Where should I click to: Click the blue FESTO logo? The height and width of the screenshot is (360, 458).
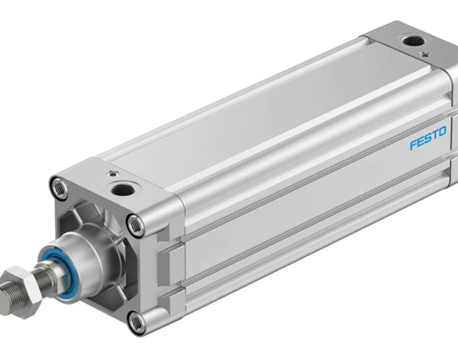tap(428, 138)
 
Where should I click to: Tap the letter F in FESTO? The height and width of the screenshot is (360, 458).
tap(413, 144)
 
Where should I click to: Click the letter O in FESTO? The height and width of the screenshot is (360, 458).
tap(443, 132)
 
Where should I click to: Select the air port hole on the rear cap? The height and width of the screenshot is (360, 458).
tap(413, 42)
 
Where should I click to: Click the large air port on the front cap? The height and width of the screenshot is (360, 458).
tap(123, 190)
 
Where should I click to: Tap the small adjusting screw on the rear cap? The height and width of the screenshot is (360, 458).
tap(424, 54)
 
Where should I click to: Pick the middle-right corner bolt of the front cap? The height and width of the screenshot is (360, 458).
tap(136, 225)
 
